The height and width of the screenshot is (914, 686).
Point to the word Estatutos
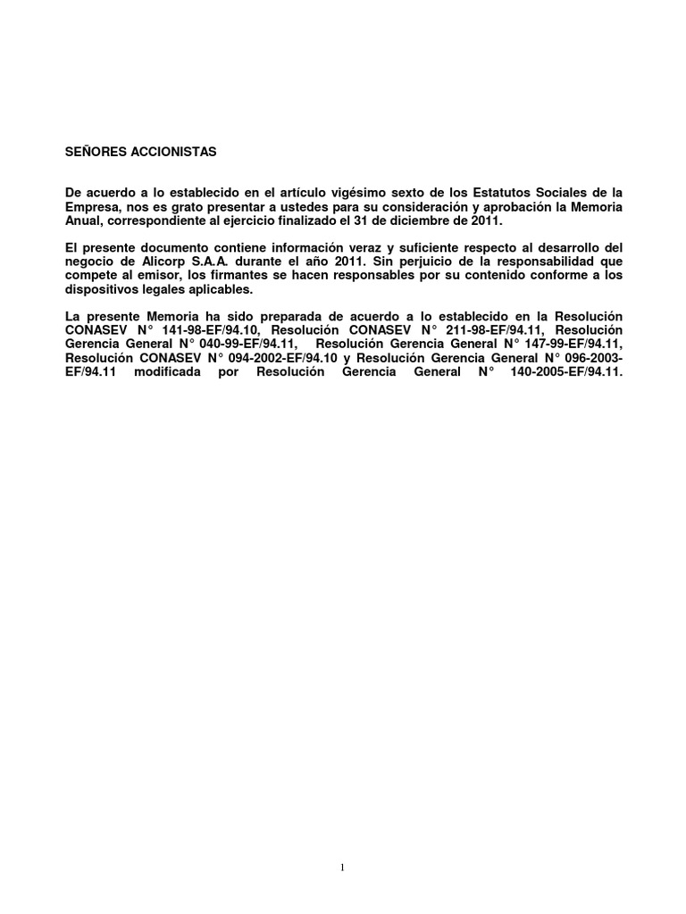coord(497,193)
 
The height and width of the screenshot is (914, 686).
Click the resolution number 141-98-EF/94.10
coord(207,329)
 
